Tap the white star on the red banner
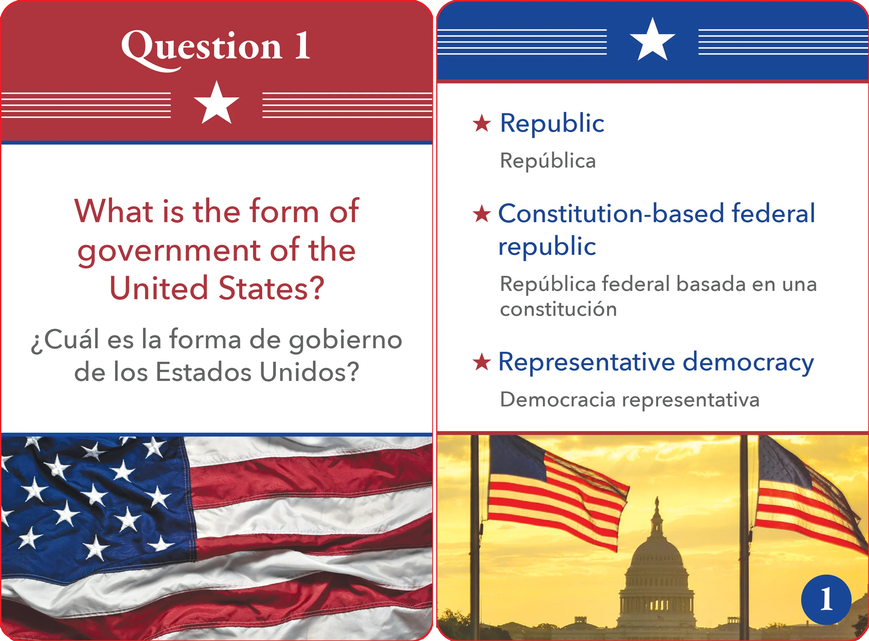point(217,103)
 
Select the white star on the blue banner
point(652,40)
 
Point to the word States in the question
point(271,288)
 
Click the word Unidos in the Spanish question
point(309,372)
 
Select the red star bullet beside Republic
point(482,123)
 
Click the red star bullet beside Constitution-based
point(482,214)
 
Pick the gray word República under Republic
point(548,161)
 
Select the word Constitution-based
point(611,214)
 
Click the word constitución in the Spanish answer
point(558,309)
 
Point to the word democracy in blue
point(748,363)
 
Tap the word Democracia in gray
point(557,400)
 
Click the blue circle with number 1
point(826,600)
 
